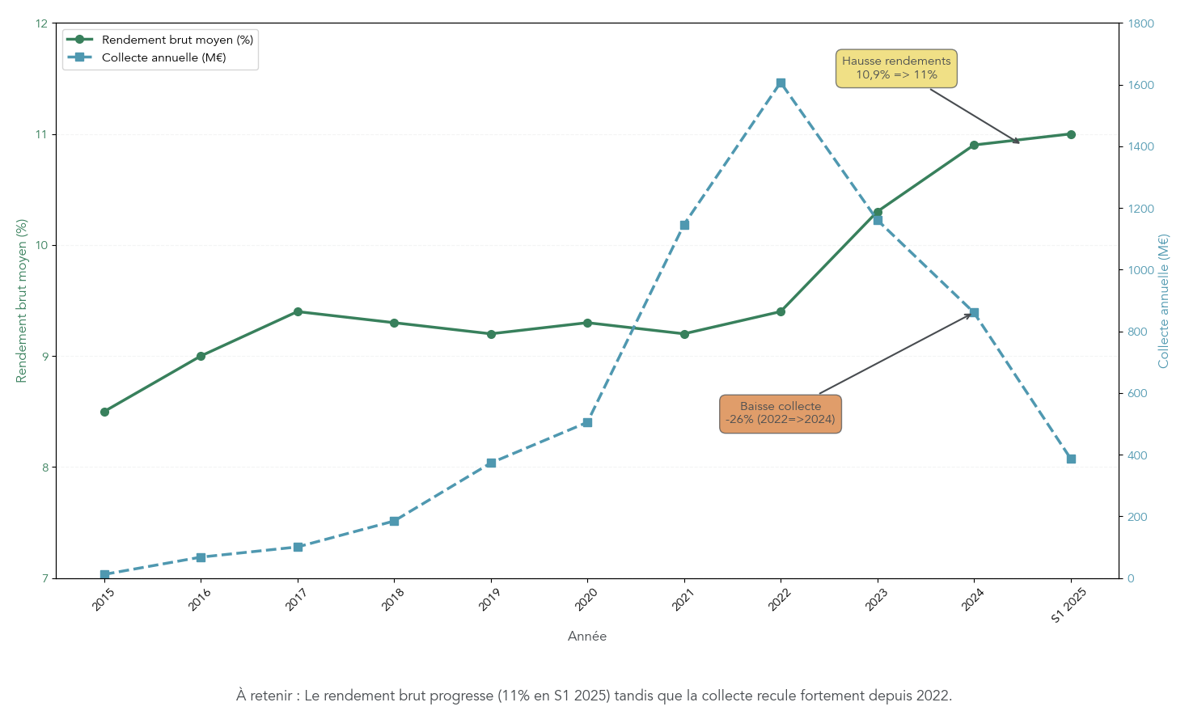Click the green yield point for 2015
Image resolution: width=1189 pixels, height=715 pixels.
click(104, 412)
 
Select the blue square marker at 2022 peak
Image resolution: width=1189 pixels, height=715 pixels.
click(781, 83)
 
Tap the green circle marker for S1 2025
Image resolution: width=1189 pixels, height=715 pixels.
click(1071, 134)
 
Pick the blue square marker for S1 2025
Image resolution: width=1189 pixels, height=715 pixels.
click(1071, 459)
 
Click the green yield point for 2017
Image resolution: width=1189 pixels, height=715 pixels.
click(298, 311)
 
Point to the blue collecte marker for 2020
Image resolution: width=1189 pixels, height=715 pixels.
click(587, 423)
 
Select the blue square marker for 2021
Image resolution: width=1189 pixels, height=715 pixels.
click(684, 225)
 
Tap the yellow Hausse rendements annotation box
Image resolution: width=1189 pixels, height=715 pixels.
click(896, 68)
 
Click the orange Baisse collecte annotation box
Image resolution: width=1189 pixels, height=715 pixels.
click(781, 413)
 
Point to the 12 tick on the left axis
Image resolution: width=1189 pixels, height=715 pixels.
click(42, 23)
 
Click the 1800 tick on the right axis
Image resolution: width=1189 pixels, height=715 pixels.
click(1140, 23)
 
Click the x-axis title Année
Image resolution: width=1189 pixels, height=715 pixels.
click(587, 637)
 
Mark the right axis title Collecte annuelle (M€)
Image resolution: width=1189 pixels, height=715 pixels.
click(1164, 301)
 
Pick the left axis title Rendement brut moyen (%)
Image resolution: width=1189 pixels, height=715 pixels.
click(22, 301)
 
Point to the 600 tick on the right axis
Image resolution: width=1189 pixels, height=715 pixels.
click(1137, 394)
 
